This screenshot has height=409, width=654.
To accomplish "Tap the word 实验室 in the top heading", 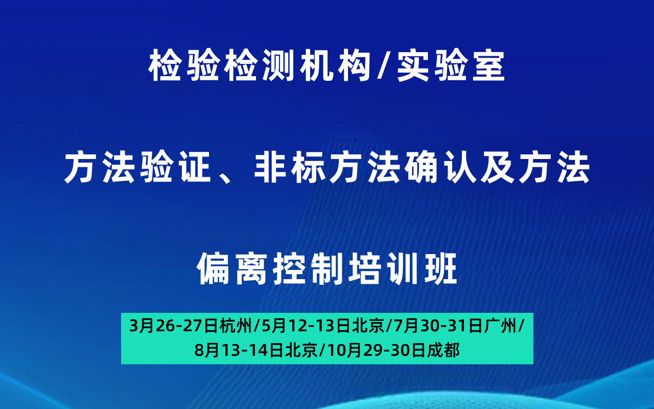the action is point(451,65).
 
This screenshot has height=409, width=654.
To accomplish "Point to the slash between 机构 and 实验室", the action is point(384,65).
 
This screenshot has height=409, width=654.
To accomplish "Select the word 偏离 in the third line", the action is point(231,268).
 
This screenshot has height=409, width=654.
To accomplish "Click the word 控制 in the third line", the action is point(307,268).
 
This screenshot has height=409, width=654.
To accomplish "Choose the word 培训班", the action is point(402,268).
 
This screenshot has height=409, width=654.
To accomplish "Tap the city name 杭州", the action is point(236,326).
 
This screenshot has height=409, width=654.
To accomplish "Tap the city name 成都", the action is point(443,350).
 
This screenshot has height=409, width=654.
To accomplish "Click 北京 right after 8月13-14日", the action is point(301,350).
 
